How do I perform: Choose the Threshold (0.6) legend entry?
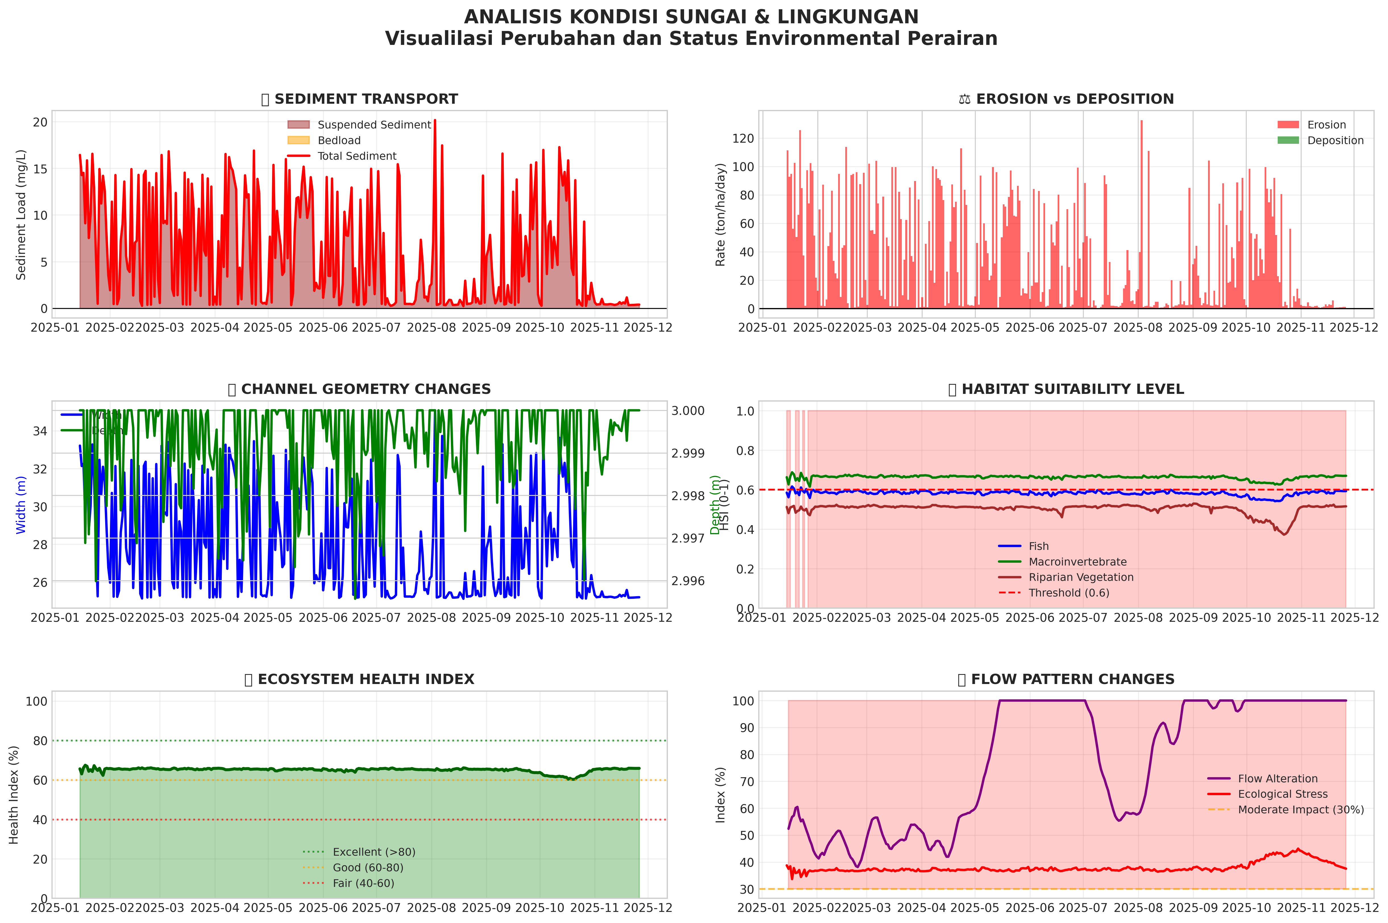(1068, 593)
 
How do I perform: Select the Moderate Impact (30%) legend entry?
(1300, 809)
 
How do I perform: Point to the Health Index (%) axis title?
(14, 795)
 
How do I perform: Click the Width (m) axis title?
(21, 505)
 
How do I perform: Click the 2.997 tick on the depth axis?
(688, 538)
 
